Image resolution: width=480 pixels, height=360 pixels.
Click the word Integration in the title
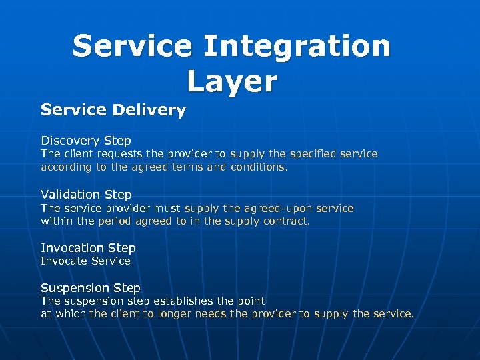[297, 47]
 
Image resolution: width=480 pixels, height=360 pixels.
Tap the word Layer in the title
[231, 81]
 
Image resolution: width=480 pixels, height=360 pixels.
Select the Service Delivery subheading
[113, 110]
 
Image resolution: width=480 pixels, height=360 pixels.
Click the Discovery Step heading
[86, 141]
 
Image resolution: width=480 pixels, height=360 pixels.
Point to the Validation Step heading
[86, 195]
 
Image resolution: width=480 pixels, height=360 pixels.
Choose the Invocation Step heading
[88, 248]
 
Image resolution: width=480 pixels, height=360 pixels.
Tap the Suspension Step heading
[91, 288]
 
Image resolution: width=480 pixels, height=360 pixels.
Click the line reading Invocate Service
[85, 261]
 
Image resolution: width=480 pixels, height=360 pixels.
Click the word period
[115, 221]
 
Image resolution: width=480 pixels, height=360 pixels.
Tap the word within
[57, 221]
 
